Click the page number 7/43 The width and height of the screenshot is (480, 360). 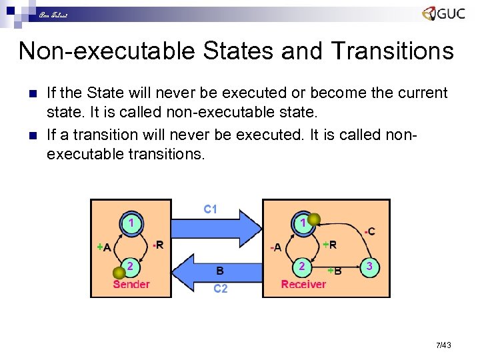[x=443, y=345]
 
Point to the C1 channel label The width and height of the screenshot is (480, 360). [x=211, y=209]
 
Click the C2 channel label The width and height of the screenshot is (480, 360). [x=220, y=289]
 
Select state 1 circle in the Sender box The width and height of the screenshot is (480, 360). [x=133, y=223]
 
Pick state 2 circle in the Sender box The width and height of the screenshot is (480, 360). [x=132, y=267]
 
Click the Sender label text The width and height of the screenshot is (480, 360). [x=131, y=285]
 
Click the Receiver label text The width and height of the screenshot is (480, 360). [x=303, y=285]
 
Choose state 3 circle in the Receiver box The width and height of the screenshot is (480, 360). [x=369, y=267]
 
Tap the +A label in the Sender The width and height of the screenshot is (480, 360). [x=103, y=247]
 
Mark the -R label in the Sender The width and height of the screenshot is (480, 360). [x=157, y=245]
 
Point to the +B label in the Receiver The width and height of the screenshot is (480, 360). [x=335, y=270]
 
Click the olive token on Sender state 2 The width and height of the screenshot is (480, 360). [x=119, y=272]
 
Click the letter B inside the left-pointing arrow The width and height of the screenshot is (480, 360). [x=220, y=271]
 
